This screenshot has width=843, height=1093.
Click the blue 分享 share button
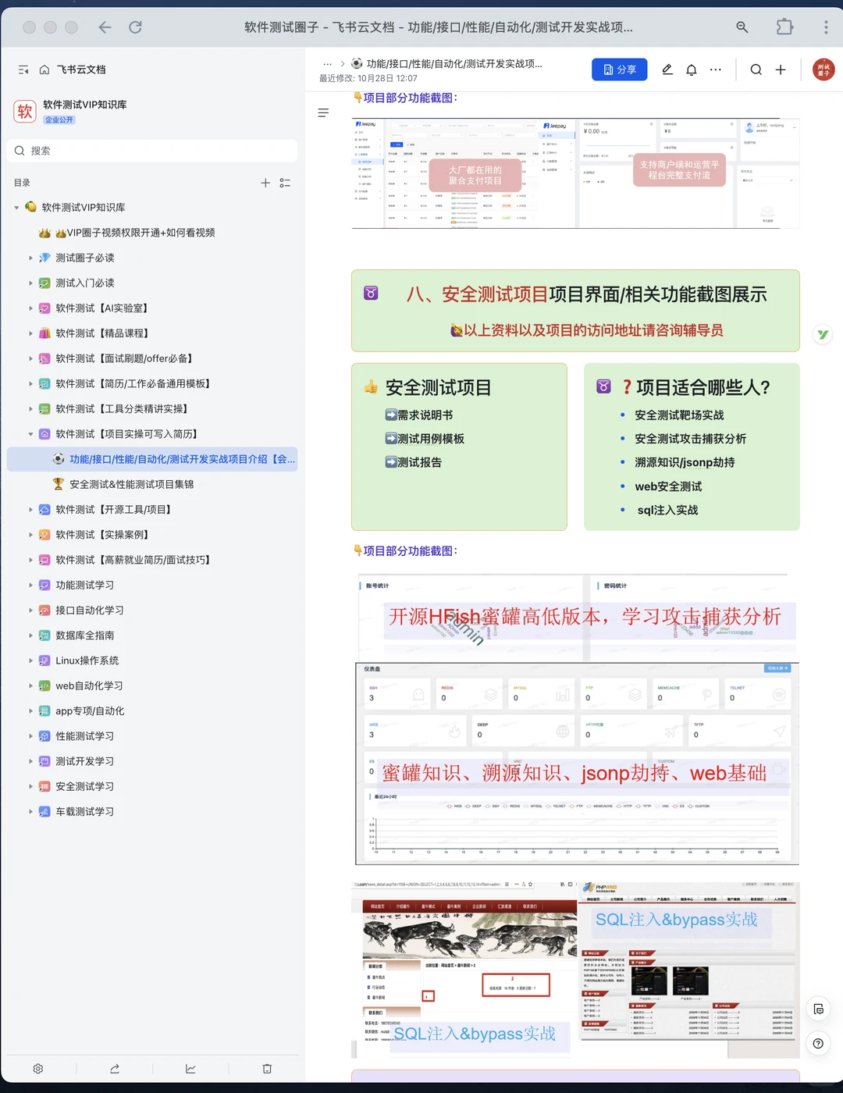coord(619,69)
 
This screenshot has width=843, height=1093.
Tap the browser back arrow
coord(105,27)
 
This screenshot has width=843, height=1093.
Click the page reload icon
coord(135,27)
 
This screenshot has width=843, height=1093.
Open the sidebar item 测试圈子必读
coord(85,258)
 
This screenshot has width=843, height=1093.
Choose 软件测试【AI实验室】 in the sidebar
coord(101,308)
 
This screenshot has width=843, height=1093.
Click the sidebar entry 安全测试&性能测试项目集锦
coord(131,484)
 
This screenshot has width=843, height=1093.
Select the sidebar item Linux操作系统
coord(87,660)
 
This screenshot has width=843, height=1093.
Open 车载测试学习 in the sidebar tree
coord(84,812)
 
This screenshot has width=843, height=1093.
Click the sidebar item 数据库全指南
coord(84,636)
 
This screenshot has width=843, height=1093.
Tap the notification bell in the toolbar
coord(691,69)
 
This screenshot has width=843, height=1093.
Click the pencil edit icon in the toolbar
coord(667,69)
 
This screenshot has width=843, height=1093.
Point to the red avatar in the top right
coord(823,69)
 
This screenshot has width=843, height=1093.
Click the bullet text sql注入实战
coord(667,510)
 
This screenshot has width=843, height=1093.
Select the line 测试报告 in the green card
coord(419,462)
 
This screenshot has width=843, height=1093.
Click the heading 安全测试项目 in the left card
coord(438,387)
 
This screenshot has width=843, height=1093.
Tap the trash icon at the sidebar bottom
coord(267,1069)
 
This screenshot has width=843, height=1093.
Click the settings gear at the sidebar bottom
coord(38,1069)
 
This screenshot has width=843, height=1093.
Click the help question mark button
coord(817,1044)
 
